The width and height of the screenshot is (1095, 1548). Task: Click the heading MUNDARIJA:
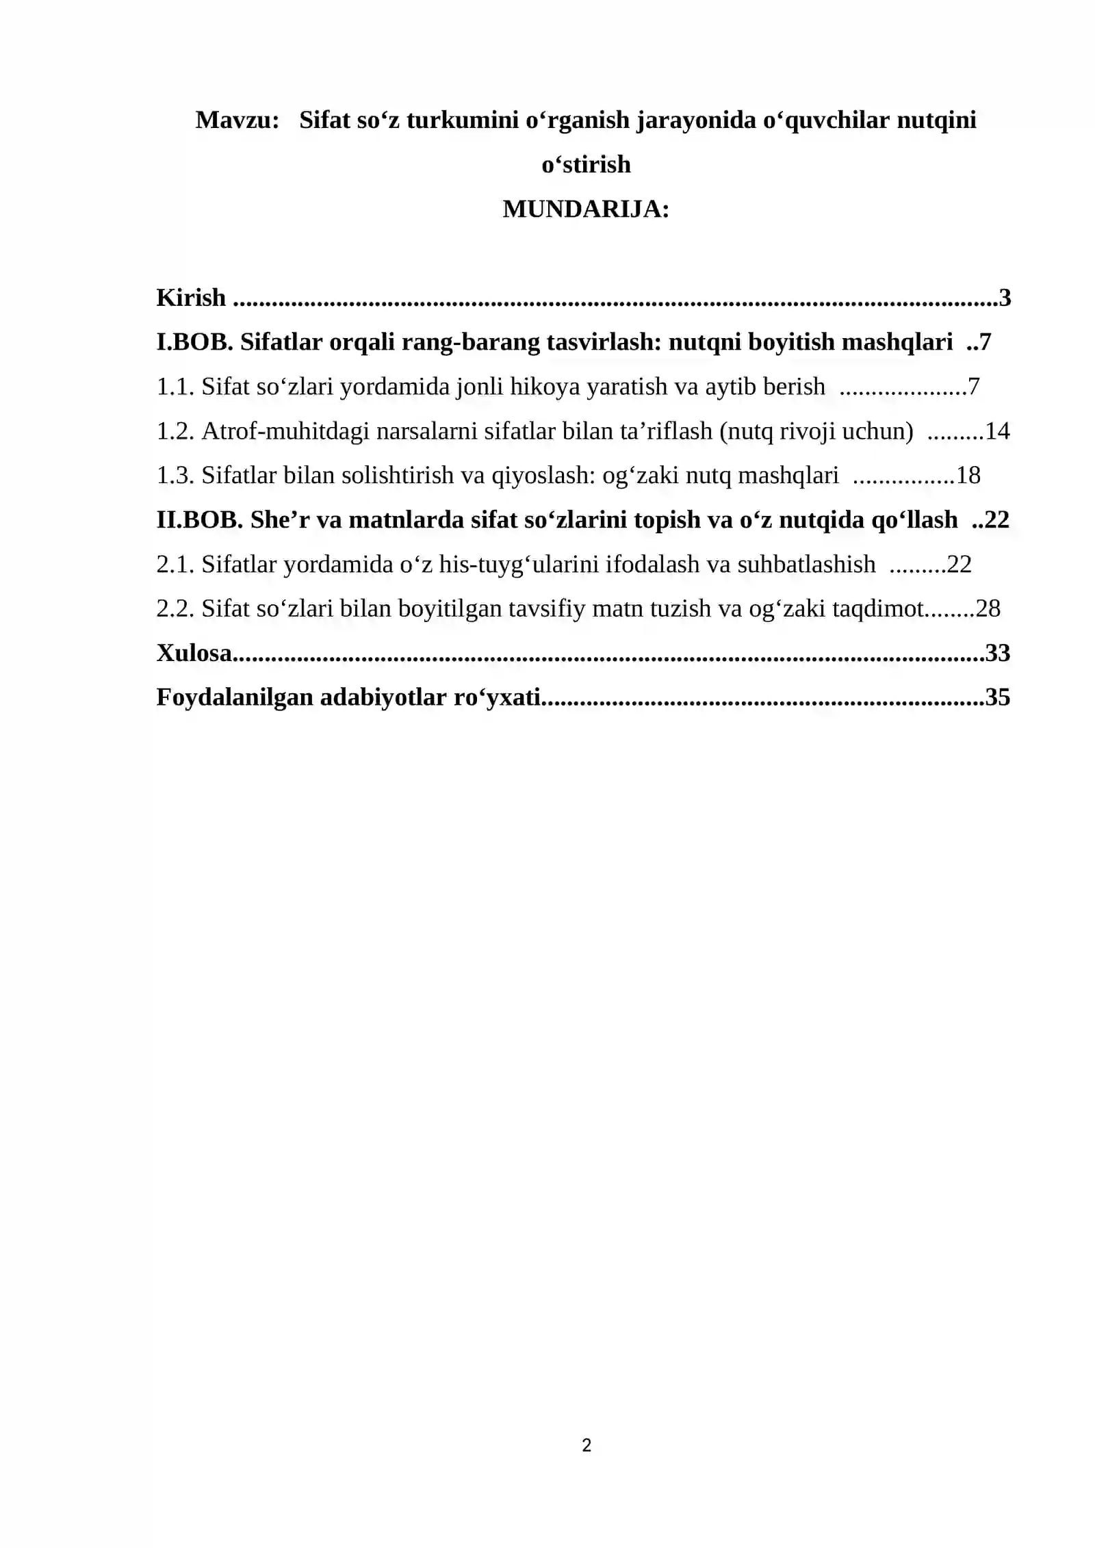tap(586, 209)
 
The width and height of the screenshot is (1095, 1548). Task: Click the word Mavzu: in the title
tap(237, 120)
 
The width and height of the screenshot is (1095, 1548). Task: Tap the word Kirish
tap(191, 298)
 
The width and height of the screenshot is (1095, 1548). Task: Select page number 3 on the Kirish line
tap(1005, 298)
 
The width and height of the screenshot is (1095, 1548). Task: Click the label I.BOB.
tap(195, 342)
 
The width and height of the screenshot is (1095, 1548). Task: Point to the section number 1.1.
tap(175, 387)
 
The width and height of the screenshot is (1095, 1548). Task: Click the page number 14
tap(997, 431)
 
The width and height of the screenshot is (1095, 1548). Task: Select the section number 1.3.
tap(175, 476)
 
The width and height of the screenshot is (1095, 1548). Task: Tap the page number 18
tap(968, 476)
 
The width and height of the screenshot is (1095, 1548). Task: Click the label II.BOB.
tap(199, 520)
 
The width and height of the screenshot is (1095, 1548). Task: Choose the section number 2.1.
tap(175, 565)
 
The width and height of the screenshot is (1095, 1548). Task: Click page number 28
tap(988, 608)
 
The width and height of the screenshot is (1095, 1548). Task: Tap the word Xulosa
tap(194, 653)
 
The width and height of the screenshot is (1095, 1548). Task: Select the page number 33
tap(997, 653)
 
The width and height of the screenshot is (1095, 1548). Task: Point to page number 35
tap(997, 697)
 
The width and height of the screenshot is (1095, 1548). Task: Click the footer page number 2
tap(587, 1445)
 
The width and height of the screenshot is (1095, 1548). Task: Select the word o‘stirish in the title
tap(586, 165)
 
